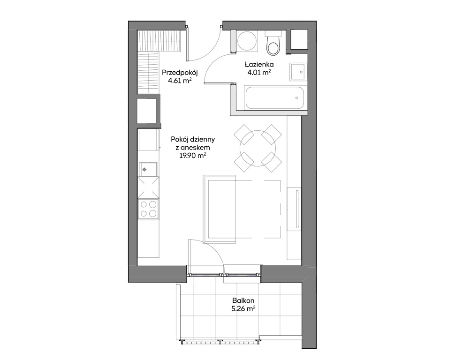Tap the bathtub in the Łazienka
click(274, 97)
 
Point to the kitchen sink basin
click(148, 169)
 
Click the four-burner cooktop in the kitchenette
click(149, 209)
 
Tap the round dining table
click(258, 148)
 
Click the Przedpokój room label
click(180, 72)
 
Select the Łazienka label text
click(259, 64)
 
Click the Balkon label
click(243, 300)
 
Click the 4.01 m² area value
click(259, 72)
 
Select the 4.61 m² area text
click(180, 81)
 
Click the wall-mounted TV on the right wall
click(297, 209)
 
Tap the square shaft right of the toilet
click(299, 39)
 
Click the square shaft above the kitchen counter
click(146, 111)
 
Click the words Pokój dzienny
click(193, 139)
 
